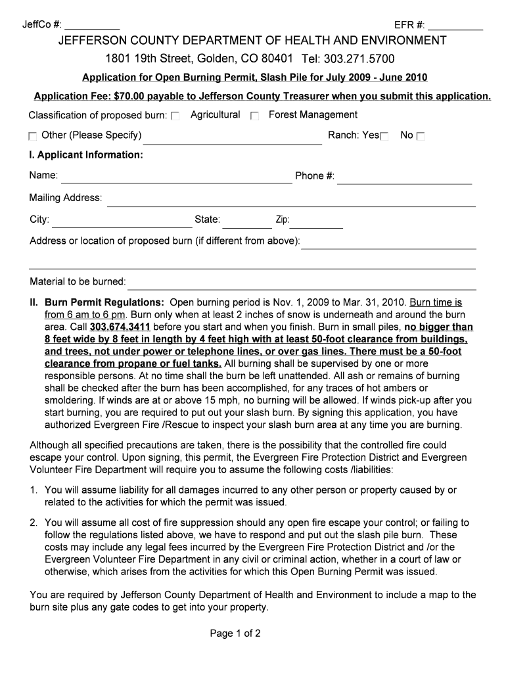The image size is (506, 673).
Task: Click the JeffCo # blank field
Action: pyautogui.click(x=92, y=27)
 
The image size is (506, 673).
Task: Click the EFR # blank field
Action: pyautogui.click(x=455, y=27)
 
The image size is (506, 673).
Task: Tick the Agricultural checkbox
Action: pyautogui.click(x=175, y=116)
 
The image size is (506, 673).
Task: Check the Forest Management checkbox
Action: pyautogui.click(x=255, y=116)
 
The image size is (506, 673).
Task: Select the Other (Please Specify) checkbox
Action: pyautogui.click(x=33, y=137)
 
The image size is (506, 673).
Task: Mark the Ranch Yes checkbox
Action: pyautogui.click(x=384, y=137)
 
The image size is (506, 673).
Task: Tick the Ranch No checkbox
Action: pyautogui.click(x=421, y=137)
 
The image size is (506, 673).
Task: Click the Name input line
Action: pyautogui.click(x=176, y=177)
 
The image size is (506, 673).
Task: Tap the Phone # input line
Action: pyautogui.click(x=404, y=177)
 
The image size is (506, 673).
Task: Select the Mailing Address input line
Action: pyautogui.click(x=290, y=200)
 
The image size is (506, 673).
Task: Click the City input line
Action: pyautogui.click(x=122, y=221)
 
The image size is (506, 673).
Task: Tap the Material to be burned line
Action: pyautogui.click(x=301, y=283)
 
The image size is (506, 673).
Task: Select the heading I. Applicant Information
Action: pyautogui.click(x=85, y=155)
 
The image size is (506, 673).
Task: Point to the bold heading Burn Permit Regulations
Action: pyautogui.click(x=104, y=303)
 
